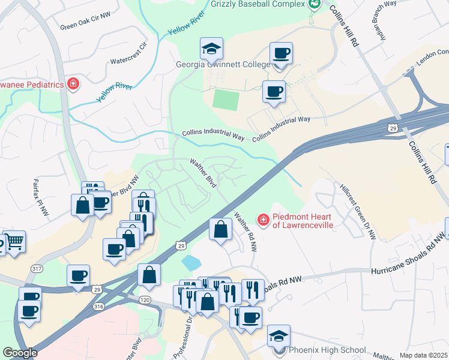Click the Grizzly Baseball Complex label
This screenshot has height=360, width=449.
coord(258,4)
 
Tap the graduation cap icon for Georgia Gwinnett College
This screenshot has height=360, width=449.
coord(211,49)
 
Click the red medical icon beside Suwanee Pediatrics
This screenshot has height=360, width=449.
coord(73,84)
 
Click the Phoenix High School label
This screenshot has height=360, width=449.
coord(327,350)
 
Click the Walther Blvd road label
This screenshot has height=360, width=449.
coord(203,173)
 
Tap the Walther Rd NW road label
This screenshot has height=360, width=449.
coord(246,231)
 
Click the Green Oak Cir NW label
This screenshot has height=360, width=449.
coord(85,26)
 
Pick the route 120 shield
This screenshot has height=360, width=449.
coord(144,298)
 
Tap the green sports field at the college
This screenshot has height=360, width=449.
coord(226,100)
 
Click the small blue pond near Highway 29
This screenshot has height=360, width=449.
coord(191,262)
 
